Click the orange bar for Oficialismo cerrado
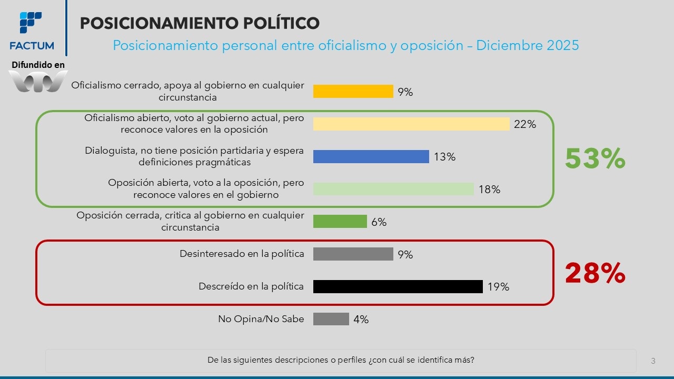coord(353,91)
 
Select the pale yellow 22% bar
coord(411,124)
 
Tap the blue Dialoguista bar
coord(371,156)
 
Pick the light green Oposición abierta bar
coord(393,189)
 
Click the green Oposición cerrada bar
coord(340,222)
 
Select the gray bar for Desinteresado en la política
coord(353,254)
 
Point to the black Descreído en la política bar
coord(398,286)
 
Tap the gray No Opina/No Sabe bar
coord(331,319)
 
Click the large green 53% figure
coord(595,158)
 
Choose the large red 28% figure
coord(595,274)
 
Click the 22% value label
coord(526,124)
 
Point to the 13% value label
coord(445,157)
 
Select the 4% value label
coord(361,320)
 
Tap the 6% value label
coord(379,222)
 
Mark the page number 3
coord(653,361)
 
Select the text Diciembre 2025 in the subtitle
coord(527,45)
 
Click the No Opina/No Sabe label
coord(261,319)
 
